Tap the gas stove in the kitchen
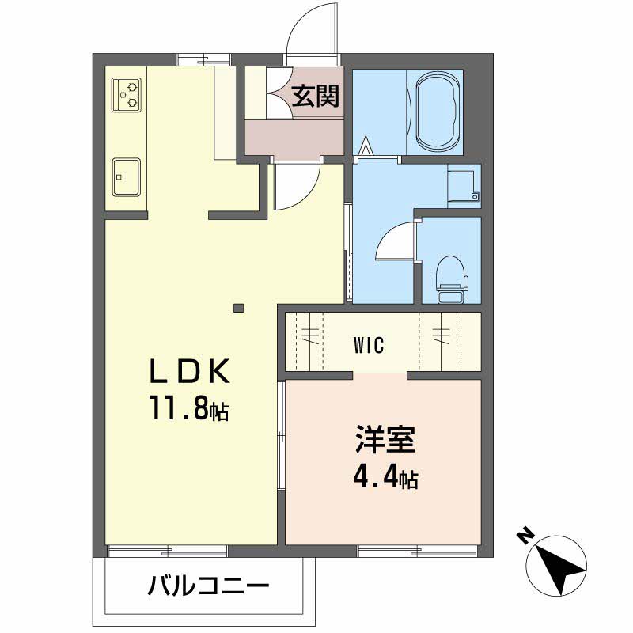point(127,93)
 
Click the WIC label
point(369,345)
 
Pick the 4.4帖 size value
point(385,478)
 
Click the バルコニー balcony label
point(208,586)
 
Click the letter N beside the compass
point(524,536)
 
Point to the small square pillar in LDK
point(238,308)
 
